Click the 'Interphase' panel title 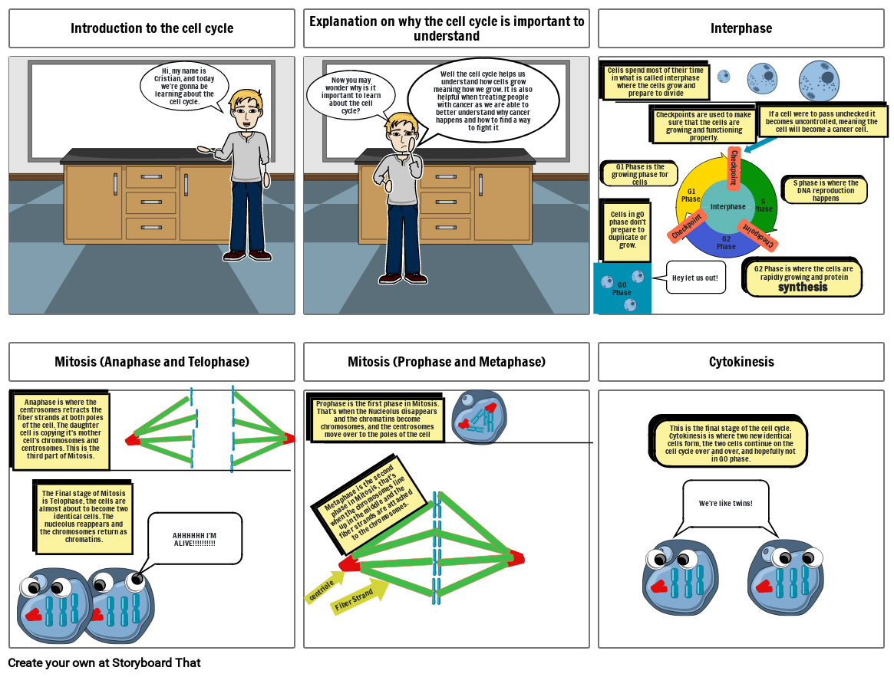coord(741,28)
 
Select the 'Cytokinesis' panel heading coord(741,362)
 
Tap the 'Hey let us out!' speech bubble coord(694,278)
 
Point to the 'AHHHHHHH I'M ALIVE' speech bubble coord(194,539)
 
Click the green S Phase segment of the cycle coord(760,192)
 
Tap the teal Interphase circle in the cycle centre coord(727,207)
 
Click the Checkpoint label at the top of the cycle coord(734,167)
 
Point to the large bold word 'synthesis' coord(803,288)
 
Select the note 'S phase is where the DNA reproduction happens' coord(826,191)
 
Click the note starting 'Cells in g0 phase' coord(627,229)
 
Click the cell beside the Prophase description coord(479,417)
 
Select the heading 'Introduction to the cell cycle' coord(152,28)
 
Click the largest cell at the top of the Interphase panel coord(820,81)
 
